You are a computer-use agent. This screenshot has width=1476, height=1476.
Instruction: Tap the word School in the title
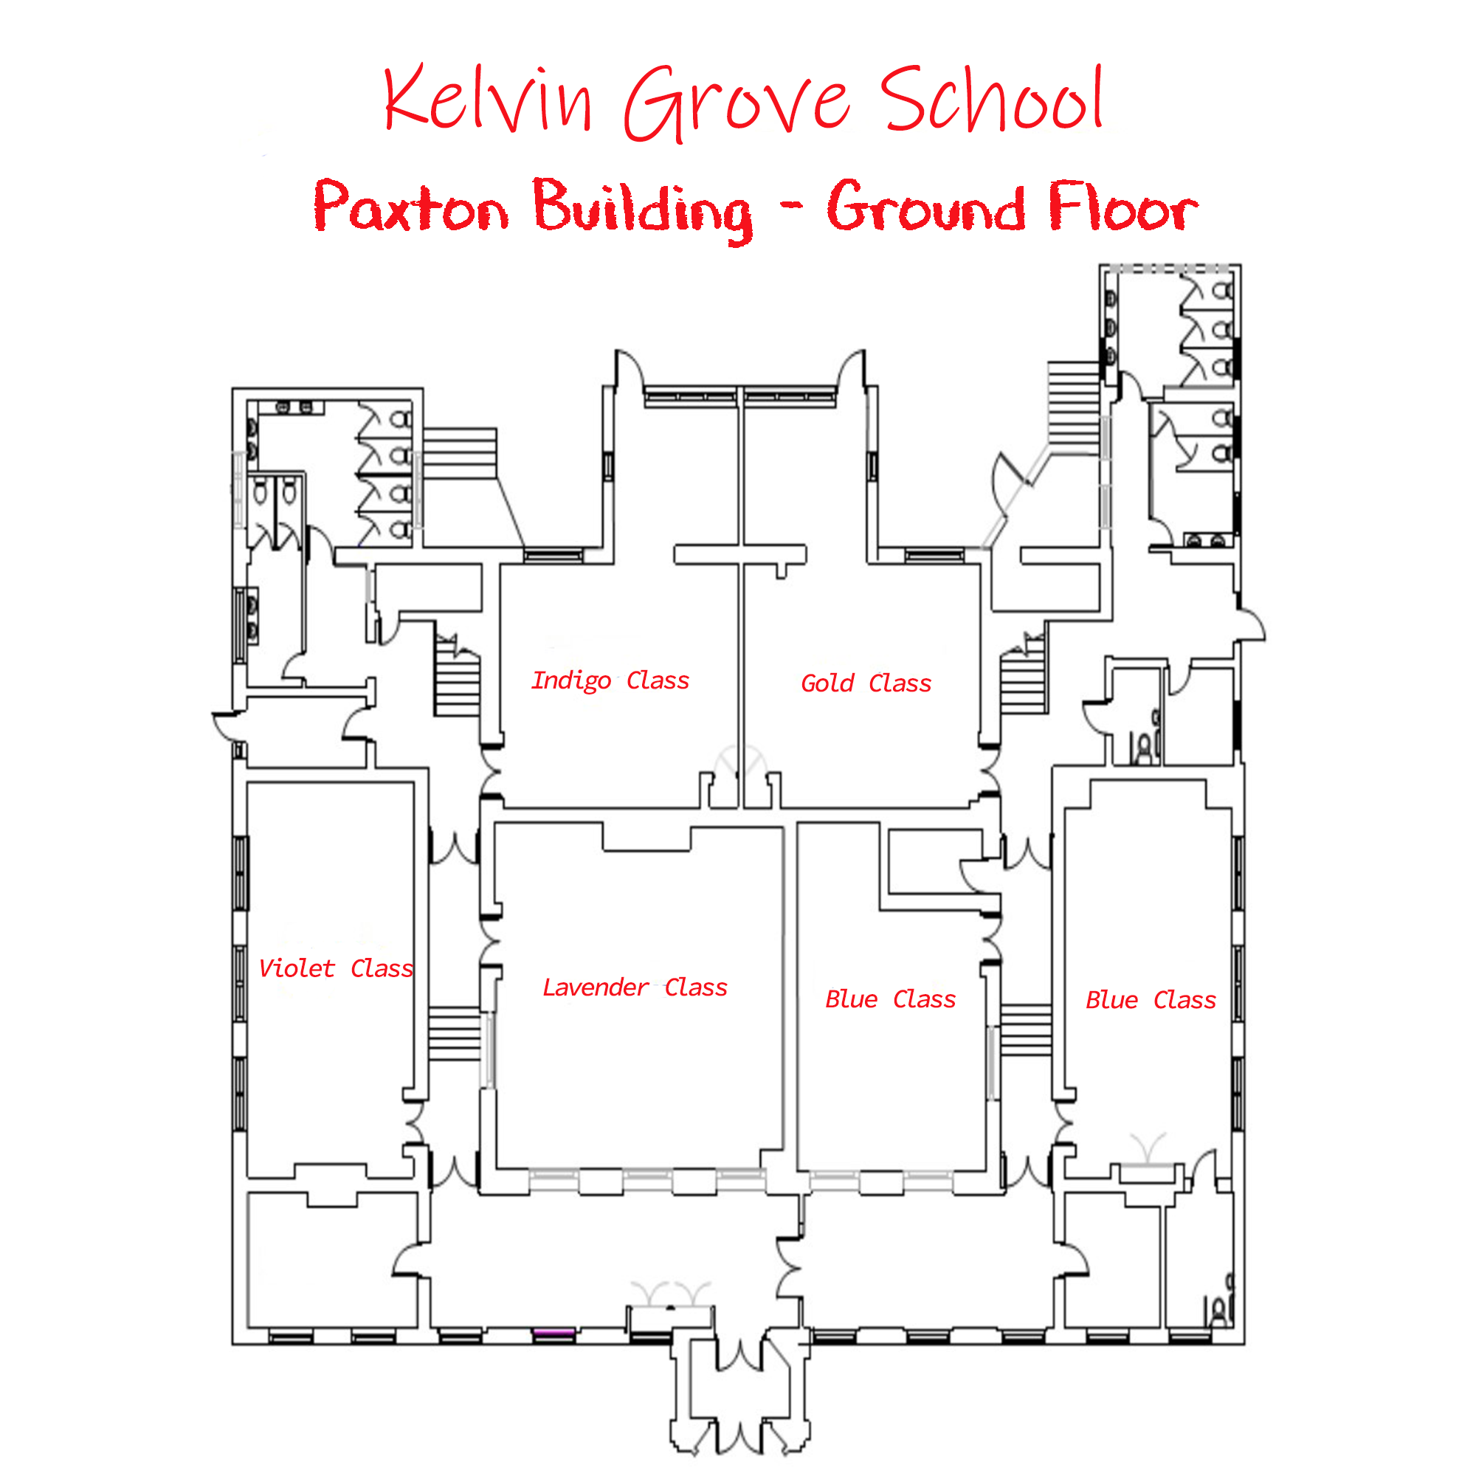coord(991,100)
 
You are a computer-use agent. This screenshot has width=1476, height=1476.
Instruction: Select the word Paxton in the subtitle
coord(411,207)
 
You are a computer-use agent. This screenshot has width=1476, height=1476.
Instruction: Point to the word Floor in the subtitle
coord(1123,207)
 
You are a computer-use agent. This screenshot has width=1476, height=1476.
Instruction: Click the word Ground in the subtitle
coord(926,207)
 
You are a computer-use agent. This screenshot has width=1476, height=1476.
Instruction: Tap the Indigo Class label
coord(610,680)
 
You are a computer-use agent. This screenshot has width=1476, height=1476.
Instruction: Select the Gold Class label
coord(866,683)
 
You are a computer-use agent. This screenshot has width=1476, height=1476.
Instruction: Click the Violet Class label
coord(335,969)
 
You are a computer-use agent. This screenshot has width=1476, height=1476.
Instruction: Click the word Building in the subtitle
coord(642,208)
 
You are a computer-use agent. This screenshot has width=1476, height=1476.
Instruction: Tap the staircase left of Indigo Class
coord(457,680)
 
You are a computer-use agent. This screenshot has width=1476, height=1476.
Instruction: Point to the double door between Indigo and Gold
coord(739,762)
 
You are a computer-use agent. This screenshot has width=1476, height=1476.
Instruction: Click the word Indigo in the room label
coord(570,680)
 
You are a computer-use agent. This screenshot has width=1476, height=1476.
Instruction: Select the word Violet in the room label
coord(297,969)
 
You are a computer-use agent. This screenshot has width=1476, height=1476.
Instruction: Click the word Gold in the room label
coord(827,683)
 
